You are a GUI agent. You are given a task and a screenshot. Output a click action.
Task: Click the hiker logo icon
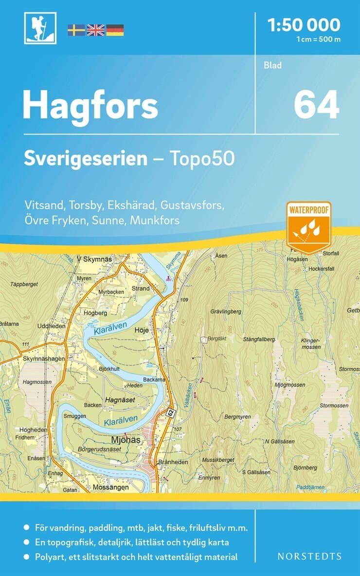pos(40,28)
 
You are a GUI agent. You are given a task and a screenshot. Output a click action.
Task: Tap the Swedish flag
pos(76,30)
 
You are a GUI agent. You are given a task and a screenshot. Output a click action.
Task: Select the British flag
pos(95,30)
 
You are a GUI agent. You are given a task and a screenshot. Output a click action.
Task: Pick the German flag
pos(115,30)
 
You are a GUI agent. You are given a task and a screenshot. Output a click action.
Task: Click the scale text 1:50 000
pos(304,24)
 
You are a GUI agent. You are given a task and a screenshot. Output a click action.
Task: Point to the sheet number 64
pos(316,105)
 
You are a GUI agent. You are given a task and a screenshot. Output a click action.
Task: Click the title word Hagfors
pos(90,106)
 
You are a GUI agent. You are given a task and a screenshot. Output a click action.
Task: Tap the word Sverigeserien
pos(86,159)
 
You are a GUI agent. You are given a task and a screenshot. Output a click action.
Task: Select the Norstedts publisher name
pos(309,556)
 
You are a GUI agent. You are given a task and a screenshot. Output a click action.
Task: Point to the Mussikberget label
pos(218,460)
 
